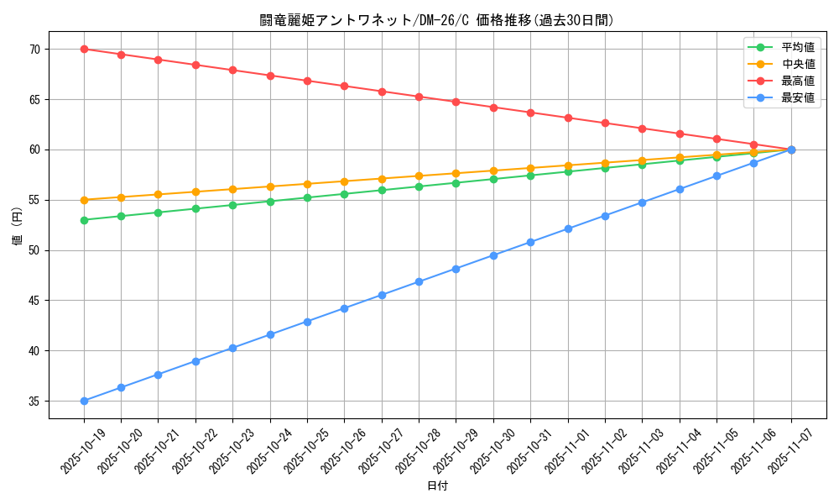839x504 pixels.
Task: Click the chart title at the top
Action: click(x=436, y=20)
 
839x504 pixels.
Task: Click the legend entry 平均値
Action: click(x=797, y=47)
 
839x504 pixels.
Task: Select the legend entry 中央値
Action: click(x=797, y=64)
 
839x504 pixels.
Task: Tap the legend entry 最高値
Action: click(x=797, y=81)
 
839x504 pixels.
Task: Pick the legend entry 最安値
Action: click(x=797, y=97)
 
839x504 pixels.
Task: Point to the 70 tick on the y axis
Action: click(x=34, y=50)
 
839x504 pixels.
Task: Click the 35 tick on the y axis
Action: click(x=34, y=402)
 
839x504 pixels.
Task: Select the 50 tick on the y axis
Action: click(x=34, y=250)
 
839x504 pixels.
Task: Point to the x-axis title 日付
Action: click(x=437, y=486)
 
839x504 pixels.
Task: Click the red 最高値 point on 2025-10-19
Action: click(x=84, y=49)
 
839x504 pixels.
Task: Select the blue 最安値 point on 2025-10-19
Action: click(x=84, y=402)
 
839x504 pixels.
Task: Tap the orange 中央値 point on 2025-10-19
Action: click(x=84, y=200)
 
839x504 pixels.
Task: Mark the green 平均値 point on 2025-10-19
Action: click(x=84, y=220)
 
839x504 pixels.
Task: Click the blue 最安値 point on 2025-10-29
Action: click(x=456, y=269)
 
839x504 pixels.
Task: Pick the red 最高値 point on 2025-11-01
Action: click(x=568, y=118)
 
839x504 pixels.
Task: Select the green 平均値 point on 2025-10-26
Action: click(x=344, y=194)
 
